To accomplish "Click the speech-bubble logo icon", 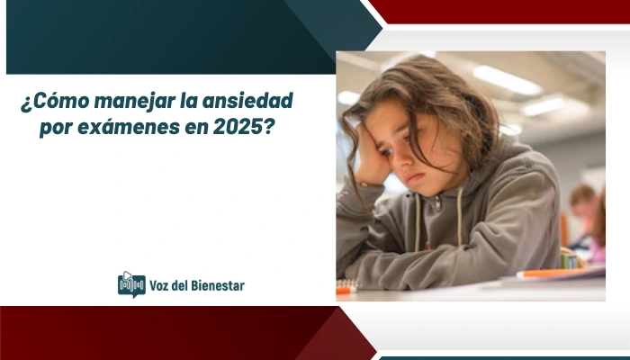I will [131, 283].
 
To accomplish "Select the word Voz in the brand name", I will [161, 285].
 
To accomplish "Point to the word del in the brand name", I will [185, 285].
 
